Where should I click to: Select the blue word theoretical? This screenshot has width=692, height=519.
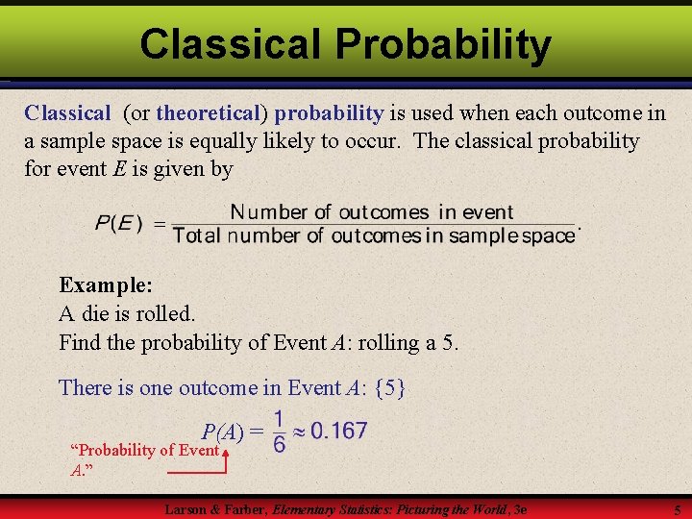click(209, 113)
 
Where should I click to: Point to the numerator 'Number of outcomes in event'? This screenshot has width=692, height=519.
click(372, 212)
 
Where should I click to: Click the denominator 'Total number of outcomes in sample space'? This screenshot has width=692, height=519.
click(374, 235)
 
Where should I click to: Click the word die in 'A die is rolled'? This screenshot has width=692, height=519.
click(96, 313)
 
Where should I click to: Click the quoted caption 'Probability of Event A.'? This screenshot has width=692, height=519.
click(144, 459)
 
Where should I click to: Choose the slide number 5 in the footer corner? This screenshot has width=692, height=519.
click(677, 510)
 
